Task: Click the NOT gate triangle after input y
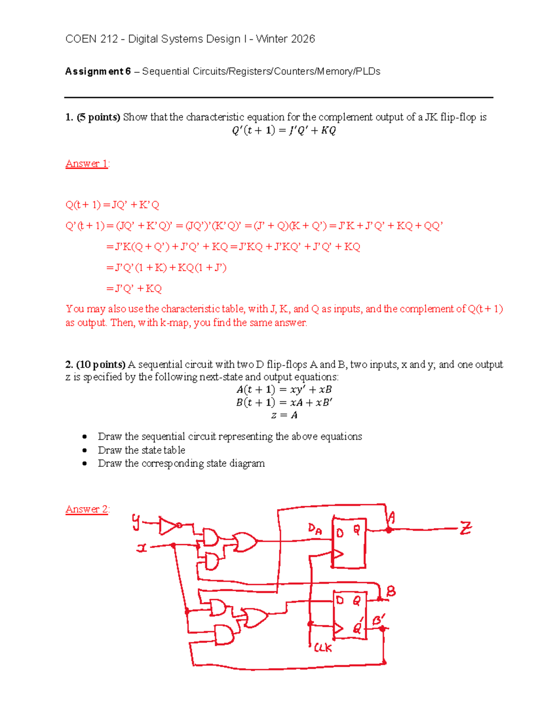pos(168,526)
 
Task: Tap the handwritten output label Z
pos(465,528)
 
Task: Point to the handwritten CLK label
pos(323,648)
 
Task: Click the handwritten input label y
pos(136,522)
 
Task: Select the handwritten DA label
pos(315,529)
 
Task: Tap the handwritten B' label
pos(379,619)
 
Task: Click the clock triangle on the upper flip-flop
pos(338,554)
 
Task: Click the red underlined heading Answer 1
pos(87,164)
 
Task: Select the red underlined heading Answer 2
pos(87,509)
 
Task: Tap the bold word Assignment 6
pos(98,71)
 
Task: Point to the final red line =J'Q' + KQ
pos(134,288)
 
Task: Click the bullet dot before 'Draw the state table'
pos(84,450)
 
